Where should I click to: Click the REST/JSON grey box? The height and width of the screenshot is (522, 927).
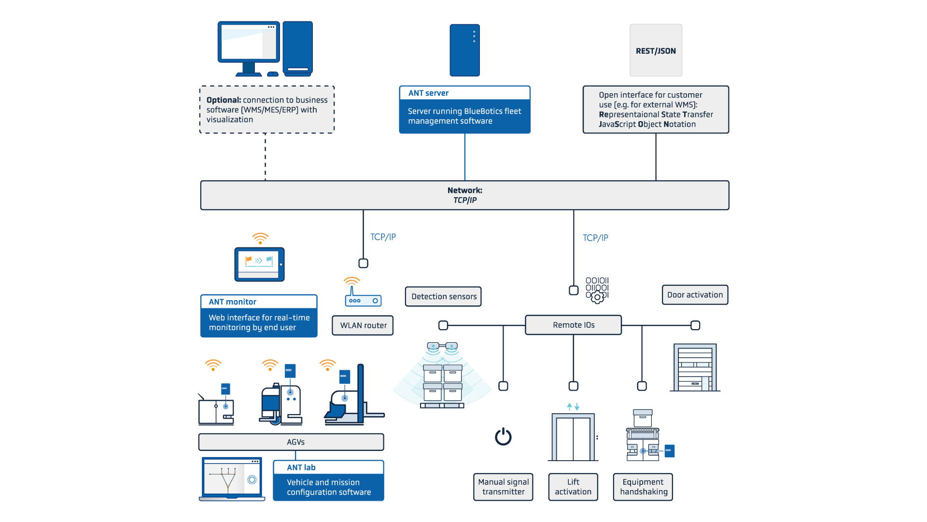656,50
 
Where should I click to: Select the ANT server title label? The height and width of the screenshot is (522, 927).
428,93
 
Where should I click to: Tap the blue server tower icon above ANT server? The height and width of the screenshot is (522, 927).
464,50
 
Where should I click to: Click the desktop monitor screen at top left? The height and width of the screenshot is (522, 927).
248,43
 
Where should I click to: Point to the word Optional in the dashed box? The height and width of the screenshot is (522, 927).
224,100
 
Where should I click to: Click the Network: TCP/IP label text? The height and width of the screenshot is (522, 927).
464,195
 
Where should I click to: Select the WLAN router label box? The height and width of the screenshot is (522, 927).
363,325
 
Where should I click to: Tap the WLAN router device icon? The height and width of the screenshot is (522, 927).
363,300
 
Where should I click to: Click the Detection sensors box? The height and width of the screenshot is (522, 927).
444,296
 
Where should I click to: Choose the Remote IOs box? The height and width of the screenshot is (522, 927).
573,325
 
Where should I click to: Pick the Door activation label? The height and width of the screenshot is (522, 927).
695,295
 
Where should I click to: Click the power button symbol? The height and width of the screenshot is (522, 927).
503,436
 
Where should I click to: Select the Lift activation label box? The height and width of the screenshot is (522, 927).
573,487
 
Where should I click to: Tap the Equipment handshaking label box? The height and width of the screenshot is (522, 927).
643,487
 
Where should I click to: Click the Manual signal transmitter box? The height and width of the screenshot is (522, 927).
503,487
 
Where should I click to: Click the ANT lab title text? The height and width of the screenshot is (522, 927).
301,467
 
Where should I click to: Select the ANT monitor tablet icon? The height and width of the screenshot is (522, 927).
259,264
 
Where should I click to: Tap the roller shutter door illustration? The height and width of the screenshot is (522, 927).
695,367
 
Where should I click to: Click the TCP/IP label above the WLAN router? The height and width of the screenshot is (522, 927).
383,237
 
